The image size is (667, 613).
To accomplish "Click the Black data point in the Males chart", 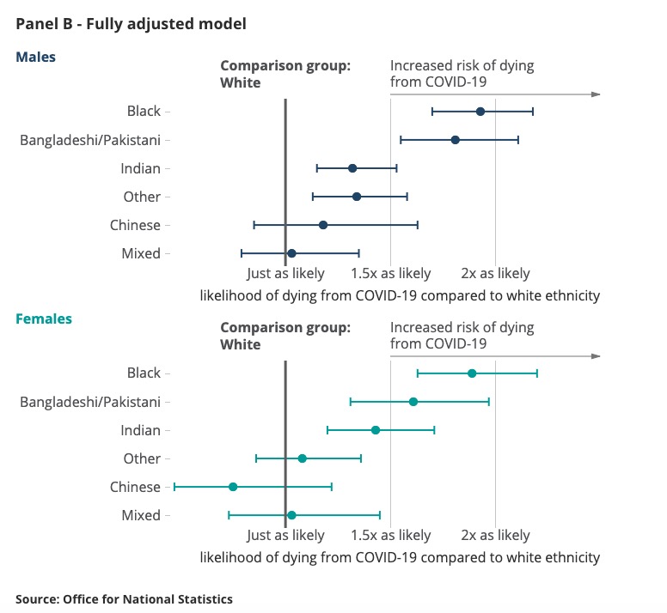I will click(480, 112).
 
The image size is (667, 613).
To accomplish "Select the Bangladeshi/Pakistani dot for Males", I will click(456, 140).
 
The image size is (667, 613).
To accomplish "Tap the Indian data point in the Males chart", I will click(352, 168).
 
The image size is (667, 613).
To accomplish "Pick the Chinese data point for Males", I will click(323, 225).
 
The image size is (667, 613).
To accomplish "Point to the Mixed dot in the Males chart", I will click(291, 253).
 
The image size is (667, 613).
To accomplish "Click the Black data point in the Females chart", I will click(472, 373).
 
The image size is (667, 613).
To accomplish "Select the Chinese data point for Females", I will click(233, 487).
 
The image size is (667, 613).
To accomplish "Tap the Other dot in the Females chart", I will click(302, 458).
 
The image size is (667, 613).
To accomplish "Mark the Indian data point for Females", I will click(376, 430).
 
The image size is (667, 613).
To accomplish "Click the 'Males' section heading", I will click(35, 58).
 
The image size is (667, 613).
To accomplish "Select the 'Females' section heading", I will click(44, 319).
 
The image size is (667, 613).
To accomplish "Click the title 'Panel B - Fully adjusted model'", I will click(131, 24).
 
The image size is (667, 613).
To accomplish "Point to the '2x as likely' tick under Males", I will click(496, 274).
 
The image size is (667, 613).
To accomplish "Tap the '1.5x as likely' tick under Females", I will click(391, 536).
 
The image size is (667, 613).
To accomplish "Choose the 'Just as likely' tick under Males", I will click(285, 274).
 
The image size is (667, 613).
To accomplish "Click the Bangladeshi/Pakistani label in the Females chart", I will click(90, 402).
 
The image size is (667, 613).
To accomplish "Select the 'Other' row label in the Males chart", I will click(142, 197).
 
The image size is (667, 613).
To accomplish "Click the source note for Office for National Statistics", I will click(124, 599).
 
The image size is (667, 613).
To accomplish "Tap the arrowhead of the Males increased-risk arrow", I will click(597, 94).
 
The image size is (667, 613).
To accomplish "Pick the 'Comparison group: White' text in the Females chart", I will click(285, 336).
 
